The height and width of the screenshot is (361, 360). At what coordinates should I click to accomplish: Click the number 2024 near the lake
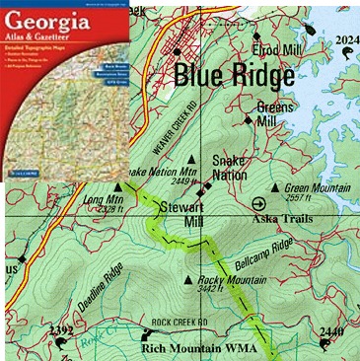tap(346, 39)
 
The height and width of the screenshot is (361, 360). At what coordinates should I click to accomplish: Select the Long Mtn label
tap(100, 198)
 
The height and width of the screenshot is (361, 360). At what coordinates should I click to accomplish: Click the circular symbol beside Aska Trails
tap(259, 204)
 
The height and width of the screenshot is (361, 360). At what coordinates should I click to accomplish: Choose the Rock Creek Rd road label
tap(179, 322)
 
